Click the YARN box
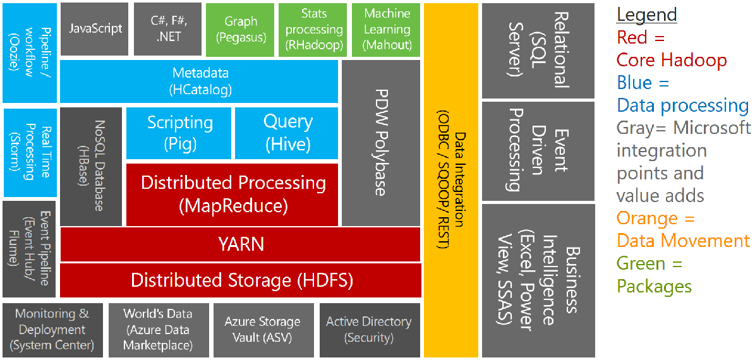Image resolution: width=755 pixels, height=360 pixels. [240, 244]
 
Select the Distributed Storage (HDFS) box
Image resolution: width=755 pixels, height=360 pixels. [240, 280]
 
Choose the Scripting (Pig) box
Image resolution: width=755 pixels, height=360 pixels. [179, 133]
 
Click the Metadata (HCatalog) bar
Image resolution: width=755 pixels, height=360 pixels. [200, 81]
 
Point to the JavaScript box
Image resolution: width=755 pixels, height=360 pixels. [95, 29]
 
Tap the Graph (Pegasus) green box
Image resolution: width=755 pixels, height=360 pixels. [241, 29]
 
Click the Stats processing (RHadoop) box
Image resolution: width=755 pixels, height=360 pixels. [313, 29]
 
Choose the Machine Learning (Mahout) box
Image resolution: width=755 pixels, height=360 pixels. [387, 29]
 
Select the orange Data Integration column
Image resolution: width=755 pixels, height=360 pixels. [450, 180]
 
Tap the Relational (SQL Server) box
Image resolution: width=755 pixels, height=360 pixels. [538, 51]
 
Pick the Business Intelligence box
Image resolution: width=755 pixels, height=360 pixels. [538, 280]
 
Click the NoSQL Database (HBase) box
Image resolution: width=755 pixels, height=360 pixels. [91, 166]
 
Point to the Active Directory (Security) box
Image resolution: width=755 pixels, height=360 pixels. [369, 330]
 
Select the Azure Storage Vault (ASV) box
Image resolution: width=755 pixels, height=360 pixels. [263, 330]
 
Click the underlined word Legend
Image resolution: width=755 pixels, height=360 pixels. [646, 15]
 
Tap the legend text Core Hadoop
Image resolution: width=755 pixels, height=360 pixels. [672, 60]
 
